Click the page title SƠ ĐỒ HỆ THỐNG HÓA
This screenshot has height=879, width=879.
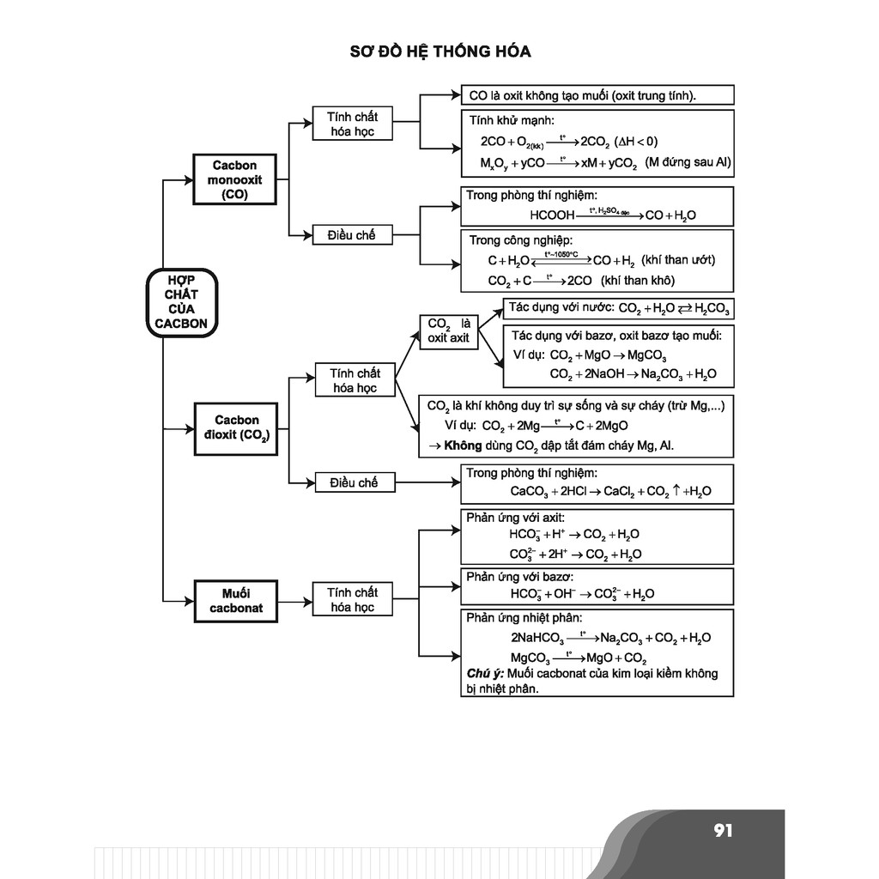click(x=439, y=52)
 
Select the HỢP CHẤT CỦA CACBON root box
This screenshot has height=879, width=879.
click(x=181, y=301)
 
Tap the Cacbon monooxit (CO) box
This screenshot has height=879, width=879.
click(x=235, y=180)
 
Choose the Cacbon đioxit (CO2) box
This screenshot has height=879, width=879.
click(x=235, y=428)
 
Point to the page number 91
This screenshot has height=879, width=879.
click(x=723, y=830)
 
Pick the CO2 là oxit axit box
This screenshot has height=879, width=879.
click(x=448, y=331)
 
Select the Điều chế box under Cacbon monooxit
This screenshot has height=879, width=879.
click(x=352, y=234)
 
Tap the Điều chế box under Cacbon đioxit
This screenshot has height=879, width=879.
click(x=353, y=483)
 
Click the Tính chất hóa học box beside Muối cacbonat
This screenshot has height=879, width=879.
click(x=353, y=600)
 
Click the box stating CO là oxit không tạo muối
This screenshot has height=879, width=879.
click(x=597, y=95)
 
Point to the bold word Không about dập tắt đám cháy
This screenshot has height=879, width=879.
click(x=463, y=446)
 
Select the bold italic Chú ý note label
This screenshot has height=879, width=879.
click(x=485, y=674)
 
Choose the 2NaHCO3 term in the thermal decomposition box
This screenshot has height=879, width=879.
click(x=537, y=639)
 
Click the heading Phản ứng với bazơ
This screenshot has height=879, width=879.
click(x=519, y=577)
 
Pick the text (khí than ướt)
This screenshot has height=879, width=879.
click(x=678, y=260)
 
